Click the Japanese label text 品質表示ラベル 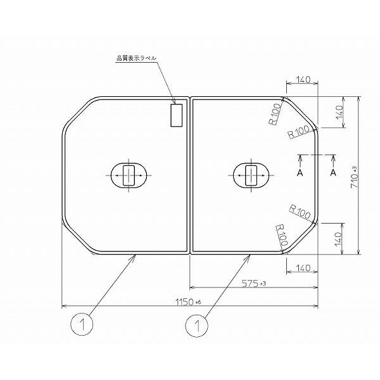coord(136,58)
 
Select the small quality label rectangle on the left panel coord(177,115)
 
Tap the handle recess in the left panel coord(129,175)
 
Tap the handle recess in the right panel coord(251,175)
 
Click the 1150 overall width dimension coord(188,302)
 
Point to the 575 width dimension coord(253,283)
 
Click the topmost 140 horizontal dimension coord(303,79)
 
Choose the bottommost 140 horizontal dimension coord(303,268)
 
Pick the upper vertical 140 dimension coord(339,112)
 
